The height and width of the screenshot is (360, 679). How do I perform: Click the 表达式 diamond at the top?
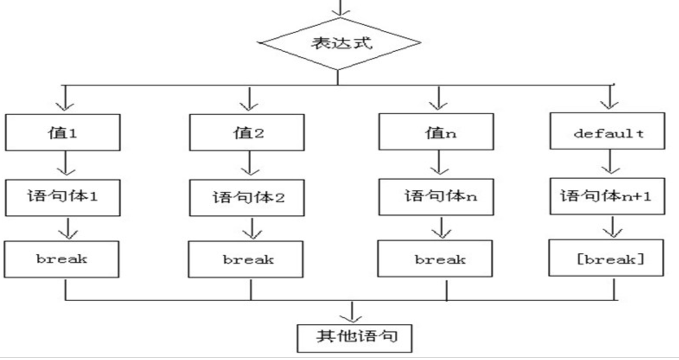(340, 43)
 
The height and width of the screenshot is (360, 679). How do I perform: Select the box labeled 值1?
(63, 133)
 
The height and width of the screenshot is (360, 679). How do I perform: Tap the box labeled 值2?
(247, 133)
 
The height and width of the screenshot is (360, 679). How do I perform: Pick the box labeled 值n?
(436, 132)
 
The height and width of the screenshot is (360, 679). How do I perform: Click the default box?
(607, 131)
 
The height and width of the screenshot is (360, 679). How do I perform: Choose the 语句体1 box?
(63, 198)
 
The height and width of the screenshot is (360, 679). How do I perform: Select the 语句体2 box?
(247, 198)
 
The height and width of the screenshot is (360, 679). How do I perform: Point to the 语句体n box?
(436, 197)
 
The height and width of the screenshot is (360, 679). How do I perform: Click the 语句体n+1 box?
(607, 196)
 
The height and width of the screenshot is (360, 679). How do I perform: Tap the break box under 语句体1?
(62, 259)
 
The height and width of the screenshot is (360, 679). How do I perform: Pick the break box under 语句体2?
(246, 259)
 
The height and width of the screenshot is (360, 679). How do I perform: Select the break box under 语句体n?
(435, 259)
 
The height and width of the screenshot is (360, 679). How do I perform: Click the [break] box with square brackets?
(606, 258)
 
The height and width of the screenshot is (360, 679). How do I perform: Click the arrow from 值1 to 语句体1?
(66, 164)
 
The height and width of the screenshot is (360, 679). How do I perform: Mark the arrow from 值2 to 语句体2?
(250, 164)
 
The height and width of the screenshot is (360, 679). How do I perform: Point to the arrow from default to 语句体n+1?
(610, 163)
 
